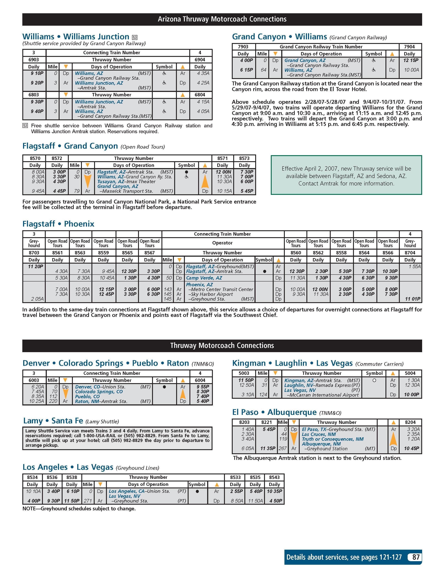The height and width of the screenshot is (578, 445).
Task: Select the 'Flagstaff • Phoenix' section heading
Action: (58, 224)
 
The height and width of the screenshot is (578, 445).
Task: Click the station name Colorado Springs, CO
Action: (99, 392)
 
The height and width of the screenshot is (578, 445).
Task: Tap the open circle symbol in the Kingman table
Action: (374, 380)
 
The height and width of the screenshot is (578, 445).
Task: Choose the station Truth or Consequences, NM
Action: (332, 439)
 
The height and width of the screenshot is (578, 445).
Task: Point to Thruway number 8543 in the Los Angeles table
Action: (274, 477)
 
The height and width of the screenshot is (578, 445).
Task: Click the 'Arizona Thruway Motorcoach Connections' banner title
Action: (222, 19)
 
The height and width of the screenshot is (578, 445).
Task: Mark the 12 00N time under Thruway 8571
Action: (223, 172)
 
